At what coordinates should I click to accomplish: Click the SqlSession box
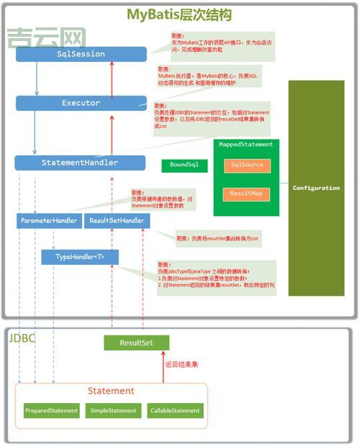point(81,54)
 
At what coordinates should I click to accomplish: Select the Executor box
point(81,104)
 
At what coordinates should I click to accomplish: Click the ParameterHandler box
point(48,220)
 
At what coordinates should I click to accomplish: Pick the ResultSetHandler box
point(117,220)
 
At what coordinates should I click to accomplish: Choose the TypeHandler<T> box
point(79,256)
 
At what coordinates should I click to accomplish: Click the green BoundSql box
point(184,166)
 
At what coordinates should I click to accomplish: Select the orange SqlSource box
point(246,166)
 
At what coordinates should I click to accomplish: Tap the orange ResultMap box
point(246,194)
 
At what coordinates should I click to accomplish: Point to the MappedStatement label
point(246,145)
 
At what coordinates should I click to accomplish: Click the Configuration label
point(316,188)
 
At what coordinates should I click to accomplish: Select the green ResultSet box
point(136,343)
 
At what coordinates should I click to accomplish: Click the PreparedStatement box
point(51,410)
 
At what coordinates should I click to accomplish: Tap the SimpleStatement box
point(113,410)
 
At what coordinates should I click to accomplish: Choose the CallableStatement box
point(175,410)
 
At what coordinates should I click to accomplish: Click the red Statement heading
point(111,391)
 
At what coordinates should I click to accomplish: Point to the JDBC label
point(22,337)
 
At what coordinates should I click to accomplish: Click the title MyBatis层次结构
point(179,14)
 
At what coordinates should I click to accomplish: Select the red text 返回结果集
point(181,364)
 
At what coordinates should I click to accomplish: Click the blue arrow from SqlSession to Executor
point(37,78)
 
